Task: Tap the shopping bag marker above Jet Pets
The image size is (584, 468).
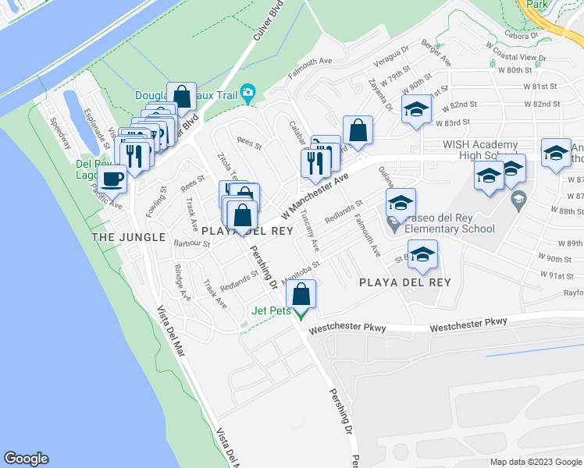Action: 301,296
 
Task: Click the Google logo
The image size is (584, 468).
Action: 26,459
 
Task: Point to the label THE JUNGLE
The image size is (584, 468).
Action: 129,236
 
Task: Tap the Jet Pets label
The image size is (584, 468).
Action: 271,310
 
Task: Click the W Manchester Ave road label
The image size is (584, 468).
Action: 314,197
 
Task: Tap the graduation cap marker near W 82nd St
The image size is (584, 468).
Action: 416,109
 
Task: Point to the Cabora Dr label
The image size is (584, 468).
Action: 522,35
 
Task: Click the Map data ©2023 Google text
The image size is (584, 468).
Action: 536,462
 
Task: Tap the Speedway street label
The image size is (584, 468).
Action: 59,133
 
